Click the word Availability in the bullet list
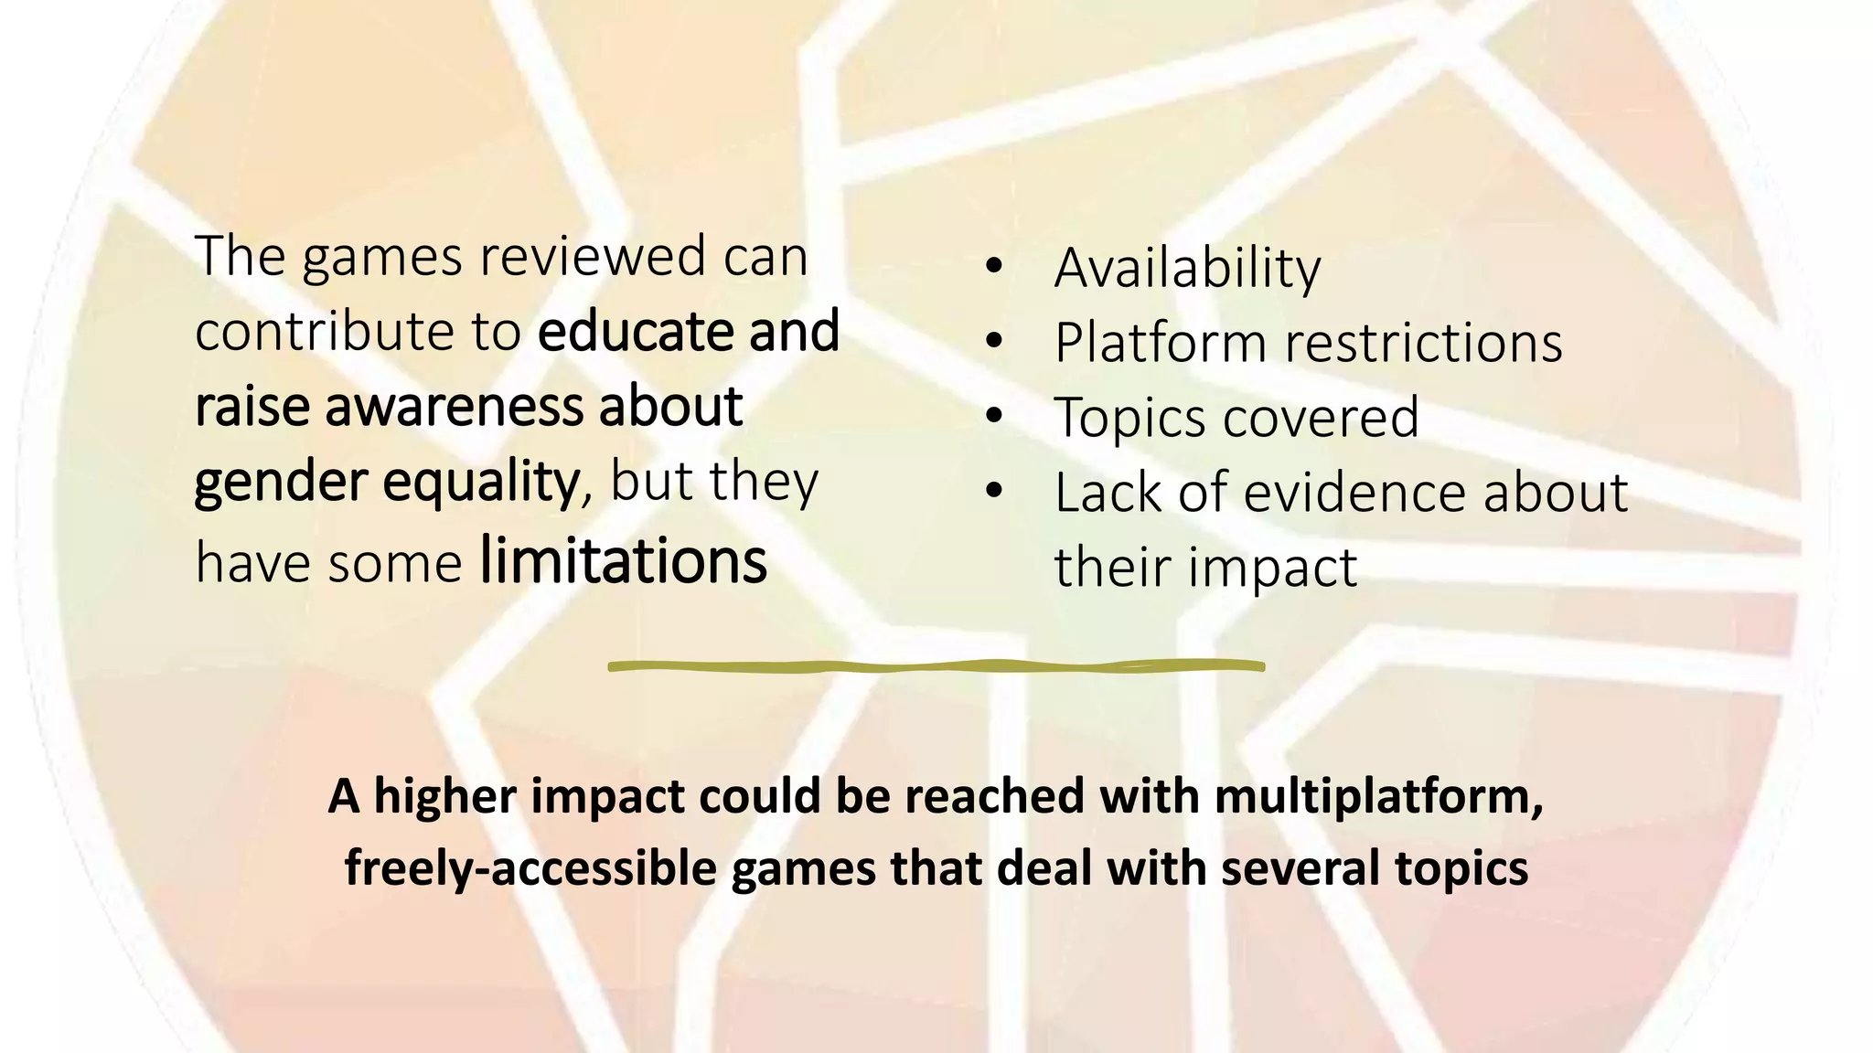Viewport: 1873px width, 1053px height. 1187,269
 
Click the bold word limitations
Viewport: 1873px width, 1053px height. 623,561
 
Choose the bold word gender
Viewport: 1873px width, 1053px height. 280,483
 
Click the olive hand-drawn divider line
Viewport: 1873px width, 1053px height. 936,666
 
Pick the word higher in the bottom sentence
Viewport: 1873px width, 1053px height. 445,796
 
